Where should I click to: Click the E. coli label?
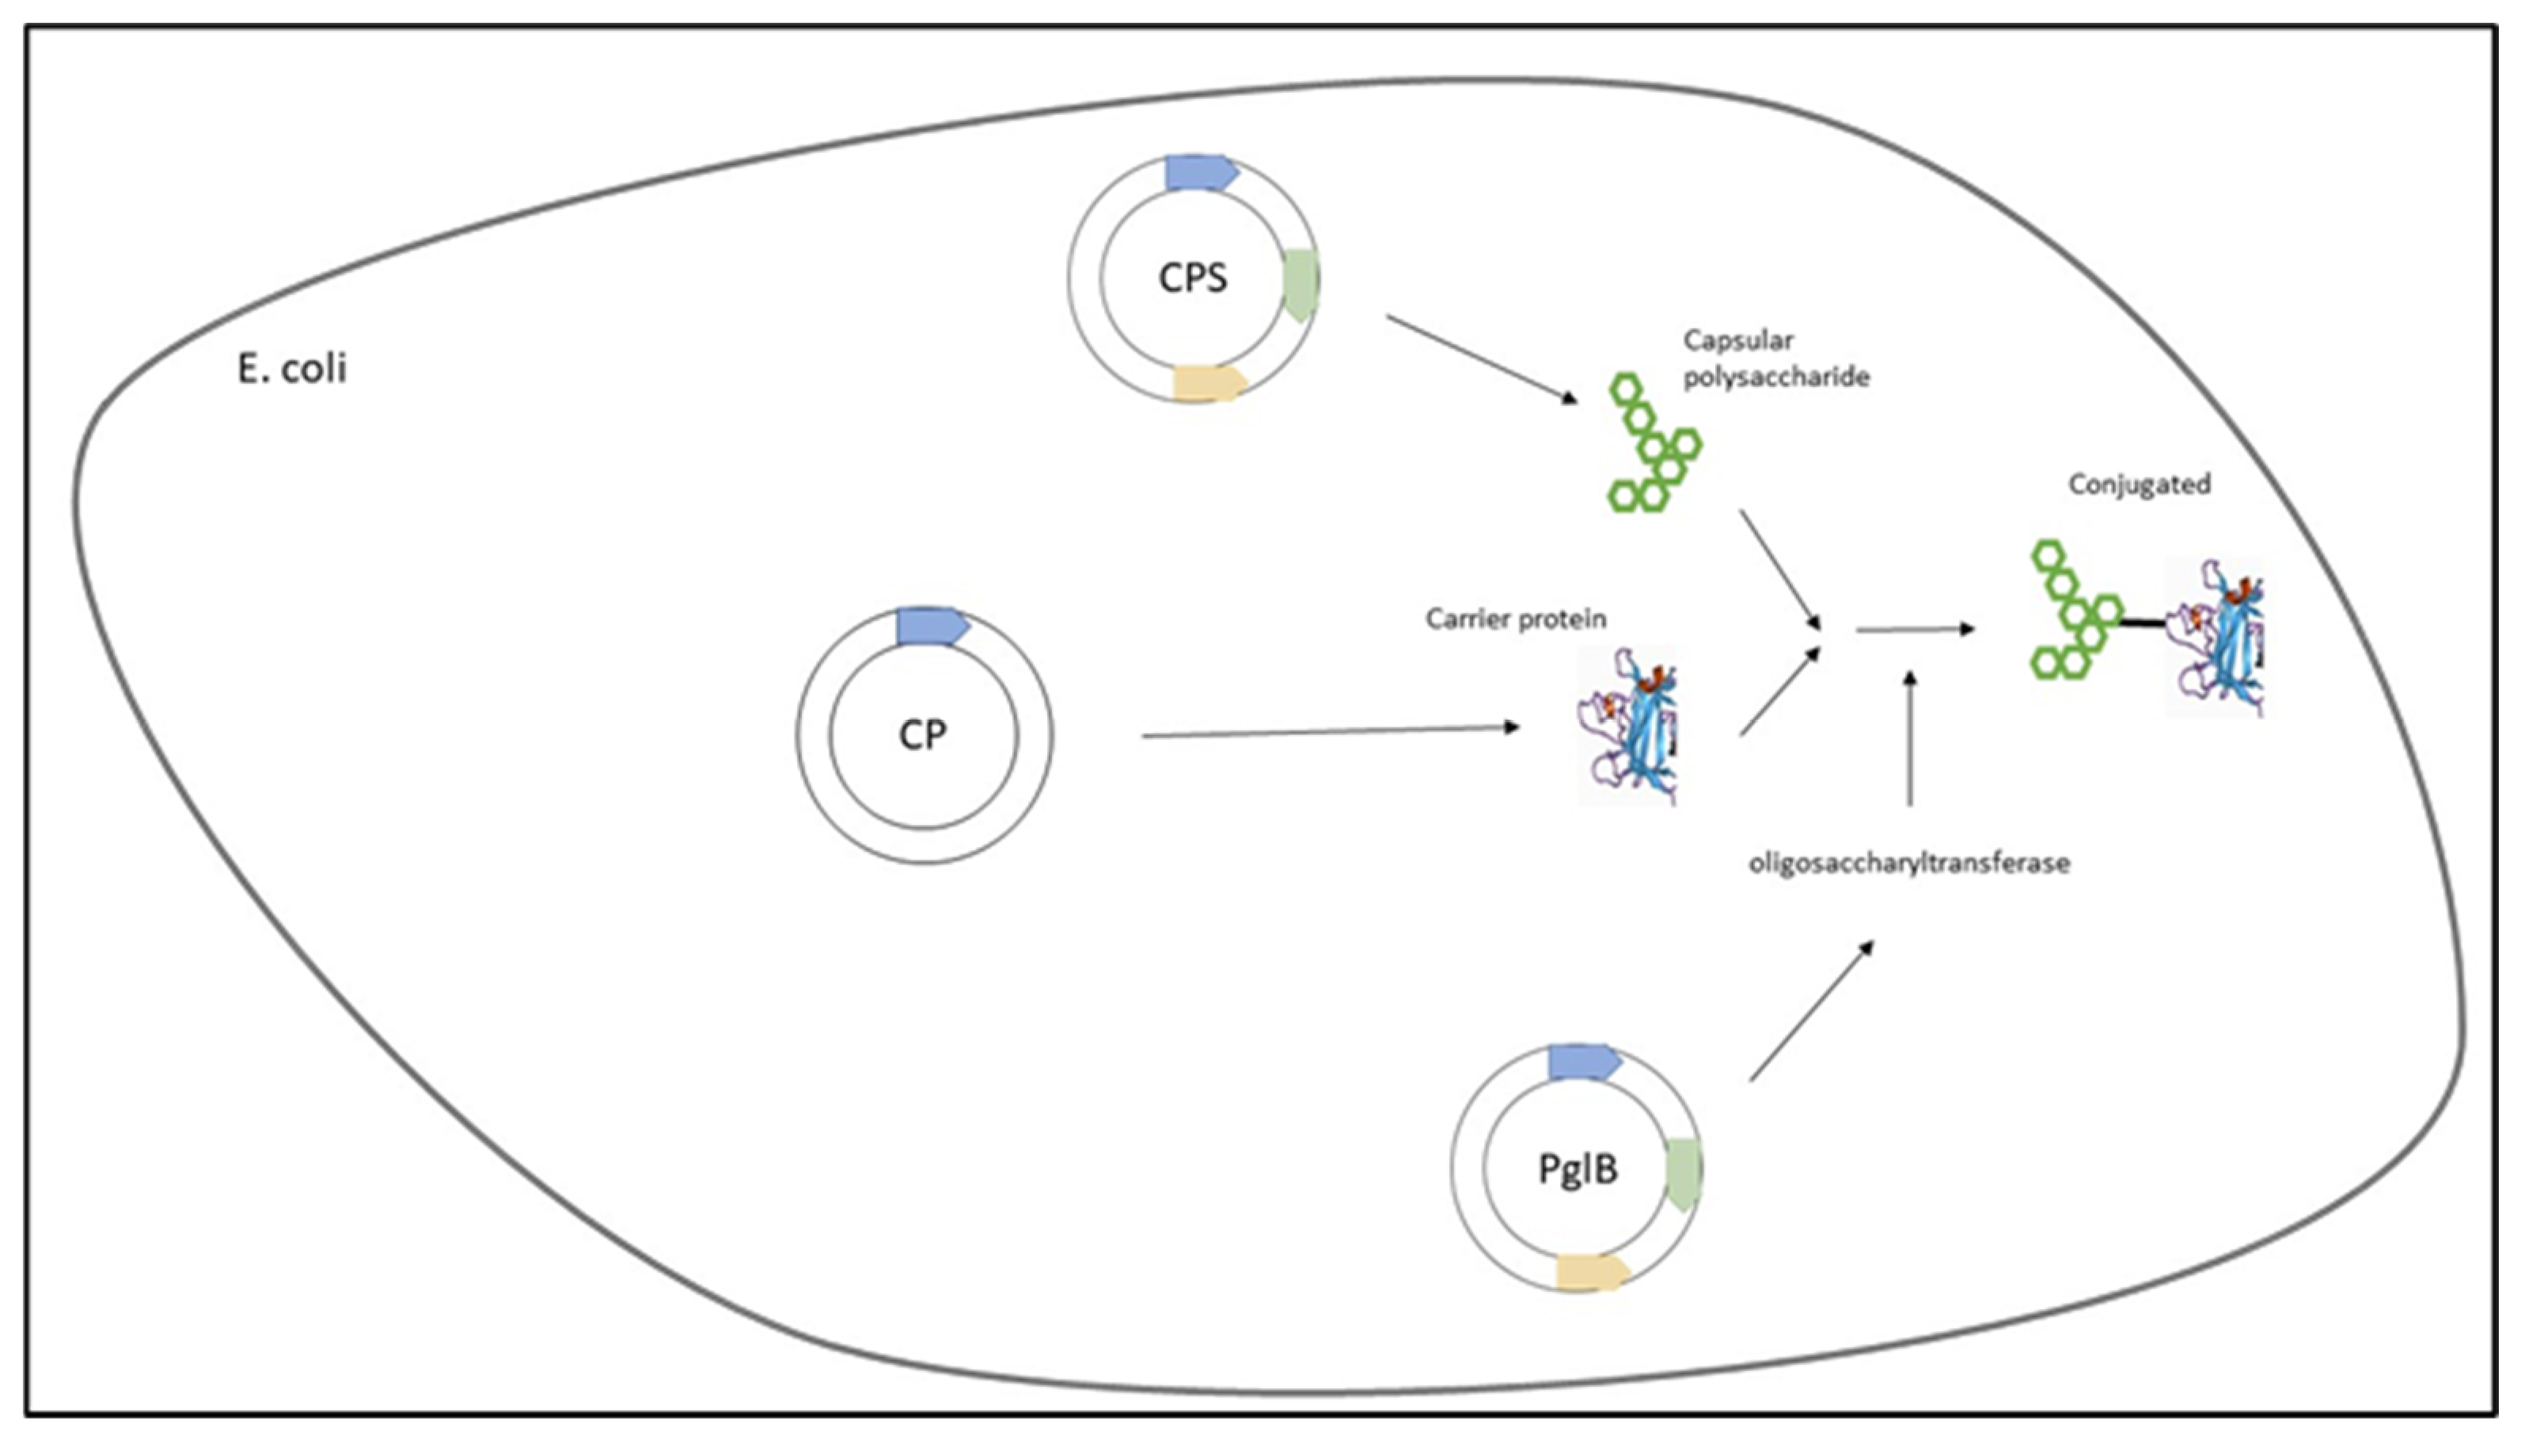click(x=291, y=369)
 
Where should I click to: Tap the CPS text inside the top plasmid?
click(x=1193, y=278)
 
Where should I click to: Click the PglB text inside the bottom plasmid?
click(x=1578, y=1169)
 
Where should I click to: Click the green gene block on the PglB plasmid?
click(x=1684, y=1172)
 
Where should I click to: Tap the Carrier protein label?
click(x=1515, y=619)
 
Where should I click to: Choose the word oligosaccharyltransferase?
click(x=1908, y=863)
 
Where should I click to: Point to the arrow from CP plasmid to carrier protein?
click(x=1328, y=733)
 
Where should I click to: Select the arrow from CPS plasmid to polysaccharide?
click(x=1480, y=358)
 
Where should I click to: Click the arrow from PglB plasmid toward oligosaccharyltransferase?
click(x=1810, y=1011)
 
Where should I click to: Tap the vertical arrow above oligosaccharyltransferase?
click(x=1909, y=738)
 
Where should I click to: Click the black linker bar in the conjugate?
click(x=2143, y=623)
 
